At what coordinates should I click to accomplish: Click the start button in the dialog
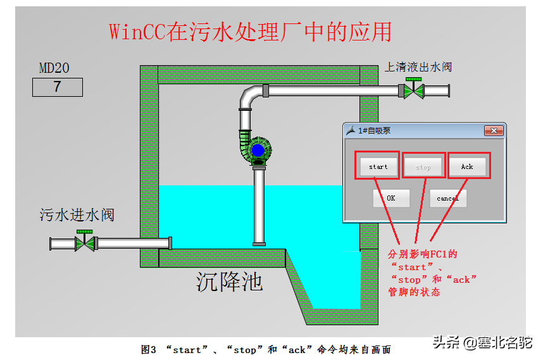[x=378, y=166]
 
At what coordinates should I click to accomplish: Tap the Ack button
[x=467, y=166]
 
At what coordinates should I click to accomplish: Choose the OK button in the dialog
[x=391, y=198]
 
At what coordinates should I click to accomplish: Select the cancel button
[x=447, y=198]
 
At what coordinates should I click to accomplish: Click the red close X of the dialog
[x=494, y=130]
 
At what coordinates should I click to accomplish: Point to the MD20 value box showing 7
[x=58, y=87]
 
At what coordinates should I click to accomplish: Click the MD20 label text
[x=54, y=68]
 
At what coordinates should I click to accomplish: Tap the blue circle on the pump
[x=258, y=151]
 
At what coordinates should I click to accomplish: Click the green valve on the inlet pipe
[x=84, y=243]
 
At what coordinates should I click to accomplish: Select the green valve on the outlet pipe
[x=414, y=90]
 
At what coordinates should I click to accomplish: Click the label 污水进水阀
[x=77, y=215]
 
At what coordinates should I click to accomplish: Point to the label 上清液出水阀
[x=418, y=66]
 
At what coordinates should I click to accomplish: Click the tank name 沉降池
[x=229, y=281]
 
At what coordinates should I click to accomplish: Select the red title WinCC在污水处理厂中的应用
[x=250, y=32]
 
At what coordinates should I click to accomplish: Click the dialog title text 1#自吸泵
[x=374, y=130]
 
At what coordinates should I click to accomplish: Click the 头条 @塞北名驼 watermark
[x=482, y=343]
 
